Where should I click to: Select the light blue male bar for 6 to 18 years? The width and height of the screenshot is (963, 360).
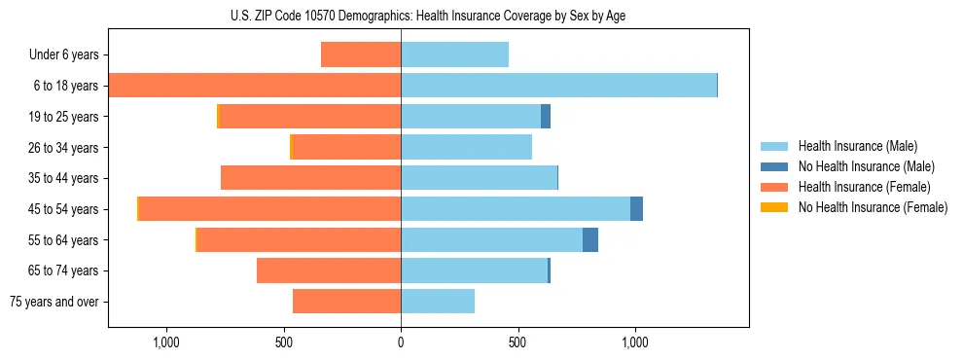[x=558, y=86]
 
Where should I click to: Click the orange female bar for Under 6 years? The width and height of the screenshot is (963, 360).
[x=361, y=55]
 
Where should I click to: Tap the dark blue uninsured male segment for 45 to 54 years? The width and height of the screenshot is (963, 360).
[x=636, y=209]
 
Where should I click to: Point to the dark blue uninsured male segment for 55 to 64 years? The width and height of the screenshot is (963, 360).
[x=590, y=240]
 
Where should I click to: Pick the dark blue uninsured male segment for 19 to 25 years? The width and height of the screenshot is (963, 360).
[x=546, y=117]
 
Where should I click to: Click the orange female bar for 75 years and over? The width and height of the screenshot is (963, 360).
[x=346, y=302]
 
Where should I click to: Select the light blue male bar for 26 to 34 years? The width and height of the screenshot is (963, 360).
[x=466, y=148]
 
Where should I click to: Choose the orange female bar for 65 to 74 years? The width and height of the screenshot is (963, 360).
[x=329, y=270]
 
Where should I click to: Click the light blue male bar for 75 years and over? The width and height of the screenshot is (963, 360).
[x=438, y=302]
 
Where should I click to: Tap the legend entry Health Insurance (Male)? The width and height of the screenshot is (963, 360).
[x=857, y=146]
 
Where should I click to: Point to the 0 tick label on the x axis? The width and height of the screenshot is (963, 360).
[x=401, y=342]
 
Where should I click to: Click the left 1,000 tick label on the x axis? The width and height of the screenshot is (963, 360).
[x=166, y=342]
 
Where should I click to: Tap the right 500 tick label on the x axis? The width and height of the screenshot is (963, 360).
[x=518, y=342]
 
